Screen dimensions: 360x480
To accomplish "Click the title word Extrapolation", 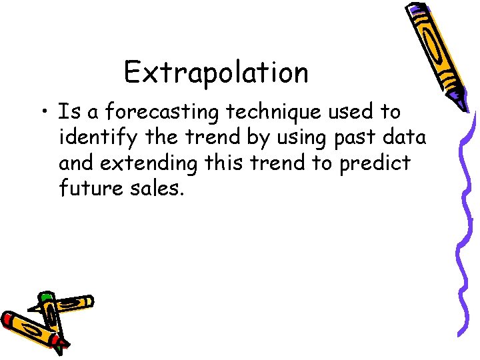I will click(216, 73).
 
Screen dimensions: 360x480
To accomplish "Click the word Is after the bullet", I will click(67, 112).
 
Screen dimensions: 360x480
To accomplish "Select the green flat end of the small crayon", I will click(45, 296).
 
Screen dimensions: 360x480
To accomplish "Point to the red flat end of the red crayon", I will click(7, 319).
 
